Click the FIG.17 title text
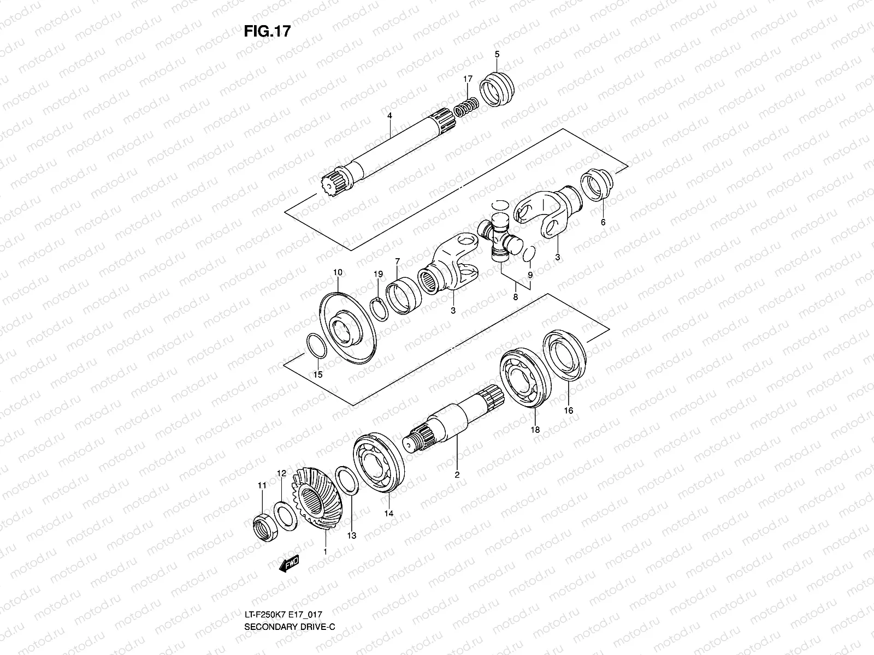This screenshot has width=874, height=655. [267, 32]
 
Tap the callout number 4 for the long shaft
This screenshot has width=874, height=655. [390, 116]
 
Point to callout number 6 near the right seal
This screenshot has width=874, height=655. [603, 222]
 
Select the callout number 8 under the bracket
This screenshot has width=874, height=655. [515, 297]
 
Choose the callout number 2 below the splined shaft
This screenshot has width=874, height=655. [457, 475]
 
